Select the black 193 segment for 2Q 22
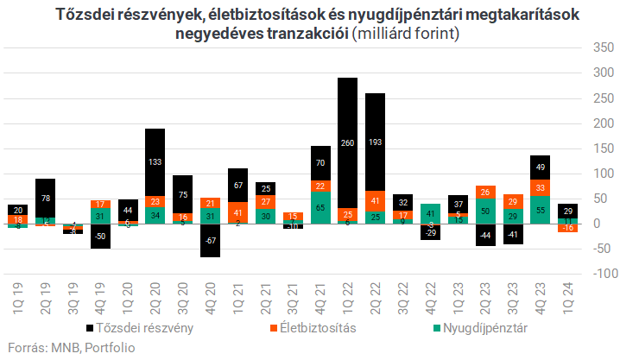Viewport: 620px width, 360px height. click(x=376, y=141)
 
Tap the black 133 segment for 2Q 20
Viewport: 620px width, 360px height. click(x=155, y=161)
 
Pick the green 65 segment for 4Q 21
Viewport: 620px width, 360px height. click(x=320, y=208)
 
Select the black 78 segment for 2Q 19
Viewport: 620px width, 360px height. click(x=45, y=199)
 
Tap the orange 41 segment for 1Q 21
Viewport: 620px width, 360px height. click(x=238, y=212)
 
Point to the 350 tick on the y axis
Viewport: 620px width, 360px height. click(x=594, y=47)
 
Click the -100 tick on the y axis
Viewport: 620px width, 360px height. click(x=592, y=274)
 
